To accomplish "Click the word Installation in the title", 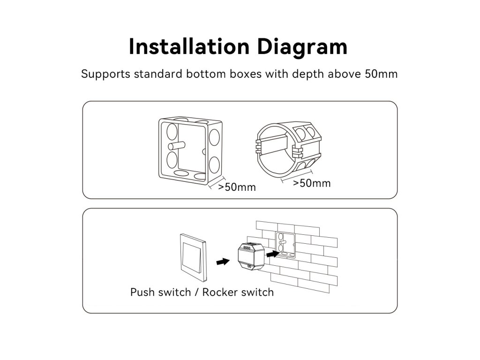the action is click(x=189, y=46).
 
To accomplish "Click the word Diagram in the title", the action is click(x=302, y=47).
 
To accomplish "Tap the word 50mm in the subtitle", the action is click(x=381, y=74).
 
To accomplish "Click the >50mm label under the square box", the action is click(x=237, y=187).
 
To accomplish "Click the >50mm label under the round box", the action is click(x=312, y=183).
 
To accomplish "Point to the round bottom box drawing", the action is click(x=289, y=148).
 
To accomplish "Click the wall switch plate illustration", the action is click(x=193, y=257).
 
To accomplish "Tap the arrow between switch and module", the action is click(x=223, y=262).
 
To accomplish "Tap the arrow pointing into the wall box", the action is click(x=273, y=254).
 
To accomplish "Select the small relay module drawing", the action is click(x=251, y=256).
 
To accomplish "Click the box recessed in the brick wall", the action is click(x=285, y=245).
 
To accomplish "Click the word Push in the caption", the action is click(x=143, y=292).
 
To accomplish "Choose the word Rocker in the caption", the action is click(x=220, y=292).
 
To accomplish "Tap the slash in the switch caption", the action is click(x=197, y=292).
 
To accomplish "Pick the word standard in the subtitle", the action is click(x=158, y=74).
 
